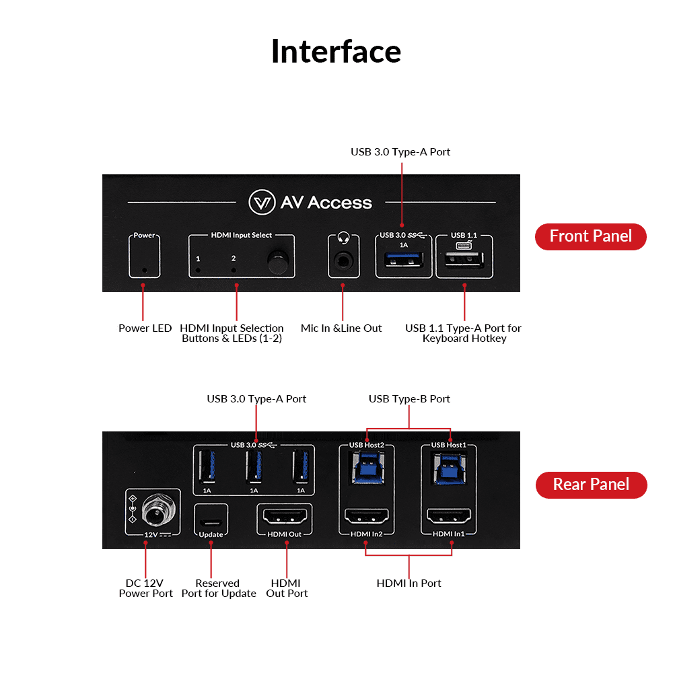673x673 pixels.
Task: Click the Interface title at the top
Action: point(336,52)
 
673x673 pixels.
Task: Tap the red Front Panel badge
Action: point(590,236)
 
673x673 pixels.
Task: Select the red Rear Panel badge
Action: point(590,485)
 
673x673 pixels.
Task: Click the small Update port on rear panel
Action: point(211,521)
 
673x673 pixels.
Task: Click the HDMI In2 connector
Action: point(367,518)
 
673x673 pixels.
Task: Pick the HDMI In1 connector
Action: point(449,518)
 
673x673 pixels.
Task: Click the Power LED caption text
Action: point(145,328)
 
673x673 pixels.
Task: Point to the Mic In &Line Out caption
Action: point(341,328)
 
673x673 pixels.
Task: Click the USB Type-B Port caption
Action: point(409,399)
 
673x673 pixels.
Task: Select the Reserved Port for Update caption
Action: point(219,588)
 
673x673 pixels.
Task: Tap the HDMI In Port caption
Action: point(409,583)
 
